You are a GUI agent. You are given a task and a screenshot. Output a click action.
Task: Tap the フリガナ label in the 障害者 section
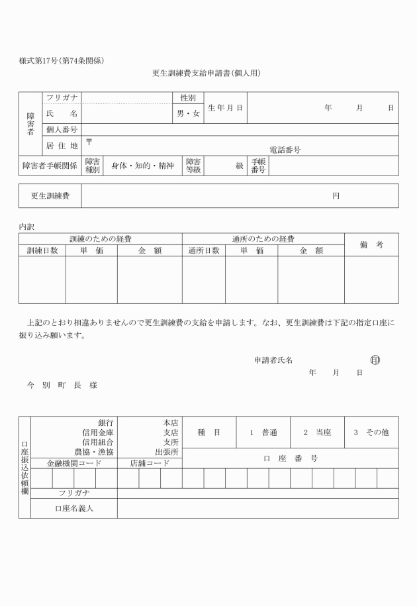pyautogui.click(x=62, y=98)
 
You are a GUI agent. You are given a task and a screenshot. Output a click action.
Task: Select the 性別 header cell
pyautogui.click(x=188, y=98)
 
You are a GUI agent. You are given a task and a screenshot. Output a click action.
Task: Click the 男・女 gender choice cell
pyautogui.click(x=188, y=114)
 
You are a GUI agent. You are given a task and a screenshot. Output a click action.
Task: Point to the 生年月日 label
pyautogui.click(x=225, y=107)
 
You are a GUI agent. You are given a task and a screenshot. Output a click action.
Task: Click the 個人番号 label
pyautogui.click(x=62, y=130)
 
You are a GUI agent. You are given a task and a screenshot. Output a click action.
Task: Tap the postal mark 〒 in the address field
pyautogui.click(x=89, y=142)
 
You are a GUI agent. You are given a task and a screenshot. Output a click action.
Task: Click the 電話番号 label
pyautogui.click(x=285, y=150)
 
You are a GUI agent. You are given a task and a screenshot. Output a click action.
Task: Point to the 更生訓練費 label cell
pyautogui.click(x=50, y=196)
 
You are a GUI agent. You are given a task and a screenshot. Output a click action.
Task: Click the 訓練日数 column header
pyautogui.click(x=42, y=250)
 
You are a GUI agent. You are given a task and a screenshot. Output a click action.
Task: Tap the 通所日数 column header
pyautogui.click(x=204, y=250)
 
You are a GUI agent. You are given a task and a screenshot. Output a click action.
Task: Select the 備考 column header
pyautogui.click(x=371, y=244)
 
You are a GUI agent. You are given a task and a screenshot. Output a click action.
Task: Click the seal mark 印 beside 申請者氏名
pyautogui.click(x=375, y=360)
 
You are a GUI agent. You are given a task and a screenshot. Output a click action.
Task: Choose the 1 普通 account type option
pyautogui.click(x=263, y=432)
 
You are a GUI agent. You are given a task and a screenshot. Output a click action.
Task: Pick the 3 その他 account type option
pyautogui.click(x=371, y=432)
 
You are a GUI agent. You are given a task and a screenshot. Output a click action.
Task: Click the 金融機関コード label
pyautogui.click(x=73, y=464)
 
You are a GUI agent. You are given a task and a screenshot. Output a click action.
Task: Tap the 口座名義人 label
pyautogui.click(x=74, y=509)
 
